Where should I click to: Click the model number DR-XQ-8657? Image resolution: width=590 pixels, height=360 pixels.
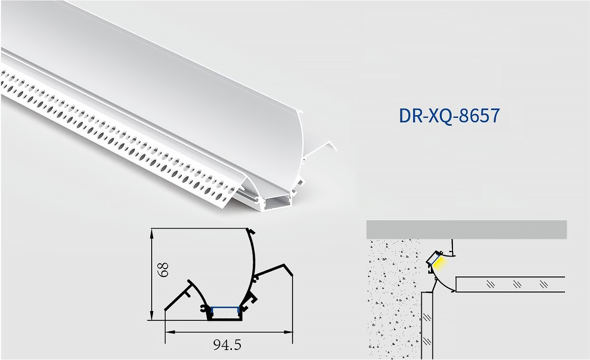tap(449, 116)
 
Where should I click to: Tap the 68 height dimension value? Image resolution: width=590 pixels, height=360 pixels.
tap(162, 270)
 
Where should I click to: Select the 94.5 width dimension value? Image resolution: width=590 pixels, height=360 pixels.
tap(227, 345)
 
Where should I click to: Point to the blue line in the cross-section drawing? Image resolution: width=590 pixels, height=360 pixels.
tap(225, 308)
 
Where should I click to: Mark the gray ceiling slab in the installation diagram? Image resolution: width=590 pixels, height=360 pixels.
tap(466, 230)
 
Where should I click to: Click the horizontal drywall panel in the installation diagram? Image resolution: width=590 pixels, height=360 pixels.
tap(510, 284)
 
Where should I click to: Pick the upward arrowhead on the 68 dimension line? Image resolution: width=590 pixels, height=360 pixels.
tap(152, 232)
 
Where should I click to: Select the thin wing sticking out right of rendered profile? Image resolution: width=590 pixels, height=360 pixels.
tap(321, 150)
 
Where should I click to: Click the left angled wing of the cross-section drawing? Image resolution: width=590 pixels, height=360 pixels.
tap(180, 295)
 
